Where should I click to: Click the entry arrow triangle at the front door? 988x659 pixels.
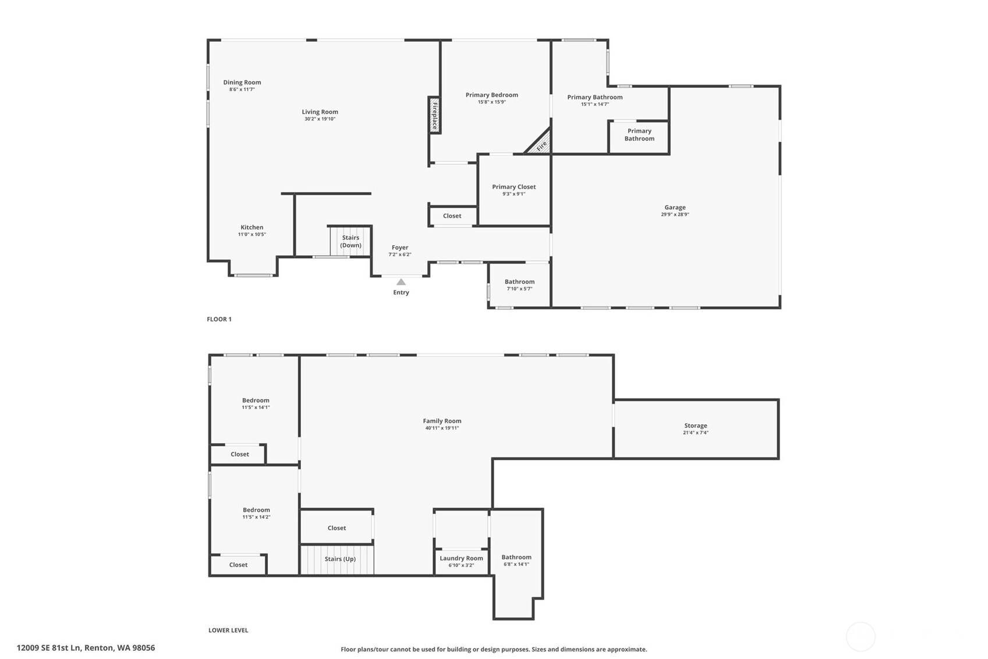401,282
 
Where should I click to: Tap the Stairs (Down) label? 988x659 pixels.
350,241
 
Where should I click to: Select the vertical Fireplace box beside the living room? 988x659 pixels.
434,115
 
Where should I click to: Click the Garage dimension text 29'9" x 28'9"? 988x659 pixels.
675,214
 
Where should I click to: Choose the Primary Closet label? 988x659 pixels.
514,186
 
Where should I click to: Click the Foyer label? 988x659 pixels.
400,248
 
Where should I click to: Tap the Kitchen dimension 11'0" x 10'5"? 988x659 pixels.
252,234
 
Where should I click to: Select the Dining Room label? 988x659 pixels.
242,82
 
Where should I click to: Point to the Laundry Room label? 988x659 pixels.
461,558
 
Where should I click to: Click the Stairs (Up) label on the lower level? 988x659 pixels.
340,559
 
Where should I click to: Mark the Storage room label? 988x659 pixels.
696,425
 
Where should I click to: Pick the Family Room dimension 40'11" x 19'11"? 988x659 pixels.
442,428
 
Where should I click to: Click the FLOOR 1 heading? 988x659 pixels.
219,319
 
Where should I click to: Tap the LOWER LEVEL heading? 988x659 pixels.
228,630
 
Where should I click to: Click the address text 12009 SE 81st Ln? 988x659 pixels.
49,648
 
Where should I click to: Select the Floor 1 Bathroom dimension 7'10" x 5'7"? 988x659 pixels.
519,288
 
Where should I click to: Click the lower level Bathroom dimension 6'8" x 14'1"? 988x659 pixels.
516,564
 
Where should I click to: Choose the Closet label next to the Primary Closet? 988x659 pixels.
452,216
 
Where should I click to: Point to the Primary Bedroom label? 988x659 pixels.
492,95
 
